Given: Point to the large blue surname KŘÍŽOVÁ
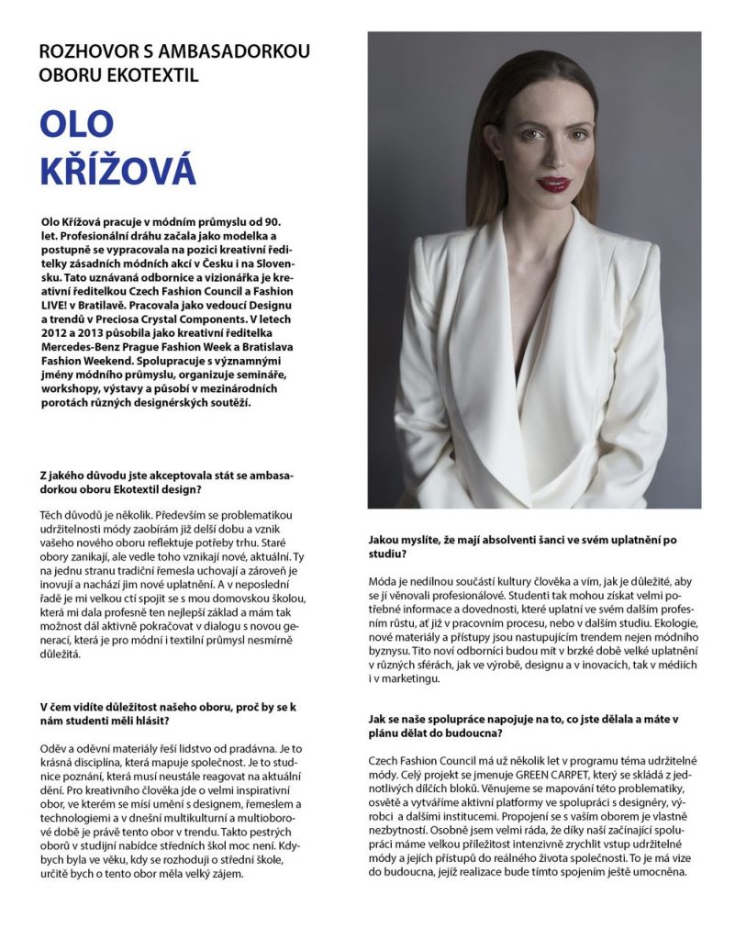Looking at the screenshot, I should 117,172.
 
